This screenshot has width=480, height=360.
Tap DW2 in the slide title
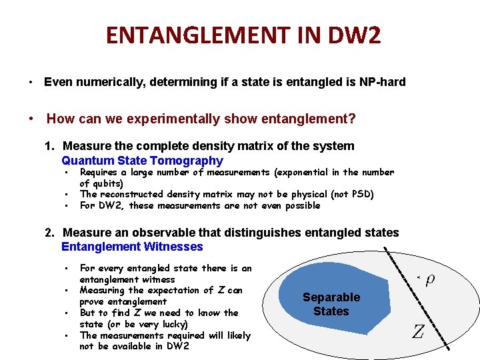358,35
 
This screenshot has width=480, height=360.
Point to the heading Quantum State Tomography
142,161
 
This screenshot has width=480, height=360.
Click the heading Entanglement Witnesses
132,247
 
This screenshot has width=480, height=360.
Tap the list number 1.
49,146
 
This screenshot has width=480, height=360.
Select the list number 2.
49,233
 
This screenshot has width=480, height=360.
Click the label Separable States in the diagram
331,304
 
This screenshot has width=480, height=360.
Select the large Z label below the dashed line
417,331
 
